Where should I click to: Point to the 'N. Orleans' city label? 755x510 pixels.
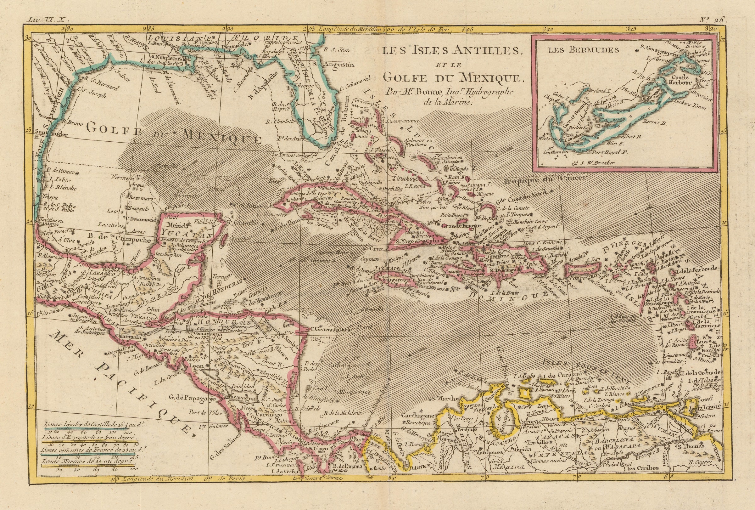click(169, 57)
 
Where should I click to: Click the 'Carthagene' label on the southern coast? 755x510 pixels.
click(417, 416)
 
